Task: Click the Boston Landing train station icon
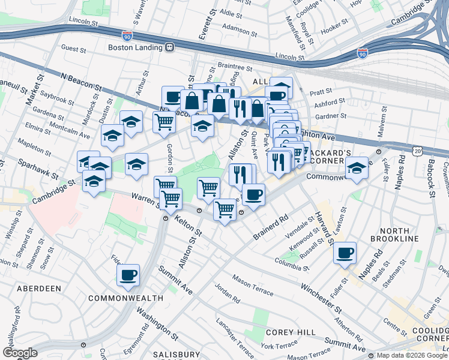tap(170, 47)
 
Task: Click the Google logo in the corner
tap(20, 353)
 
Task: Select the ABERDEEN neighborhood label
tap(38, 289)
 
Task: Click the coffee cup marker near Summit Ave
tap(128, 275)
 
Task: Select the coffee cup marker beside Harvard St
tap(345, 253)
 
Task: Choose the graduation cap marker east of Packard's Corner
tap(357, 168)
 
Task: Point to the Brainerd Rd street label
tap(271, 227)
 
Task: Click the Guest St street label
tap(75, 47)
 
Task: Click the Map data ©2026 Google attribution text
tap(412, 355)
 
